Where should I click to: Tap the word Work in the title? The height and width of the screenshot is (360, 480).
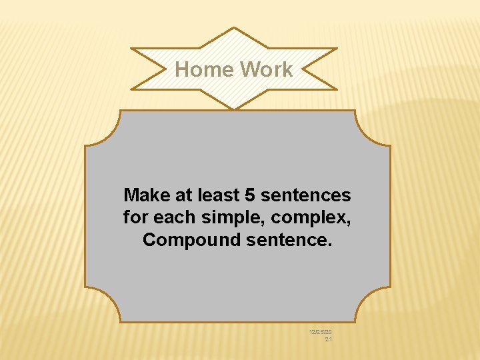(x=266, y=69)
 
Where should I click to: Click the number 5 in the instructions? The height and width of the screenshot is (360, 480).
(x=250, y=195)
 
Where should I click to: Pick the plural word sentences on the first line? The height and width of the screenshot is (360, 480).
(x=305, y=195)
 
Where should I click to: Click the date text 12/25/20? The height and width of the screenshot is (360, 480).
(x=321, y=331)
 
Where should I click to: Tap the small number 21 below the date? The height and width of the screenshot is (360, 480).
(x=328, y=339)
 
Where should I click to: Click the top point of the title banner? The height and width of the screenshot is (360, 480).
(x=233, y=29)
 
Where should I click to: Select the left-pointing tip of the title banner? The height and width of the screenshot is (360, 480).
(x=133, y=49)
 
